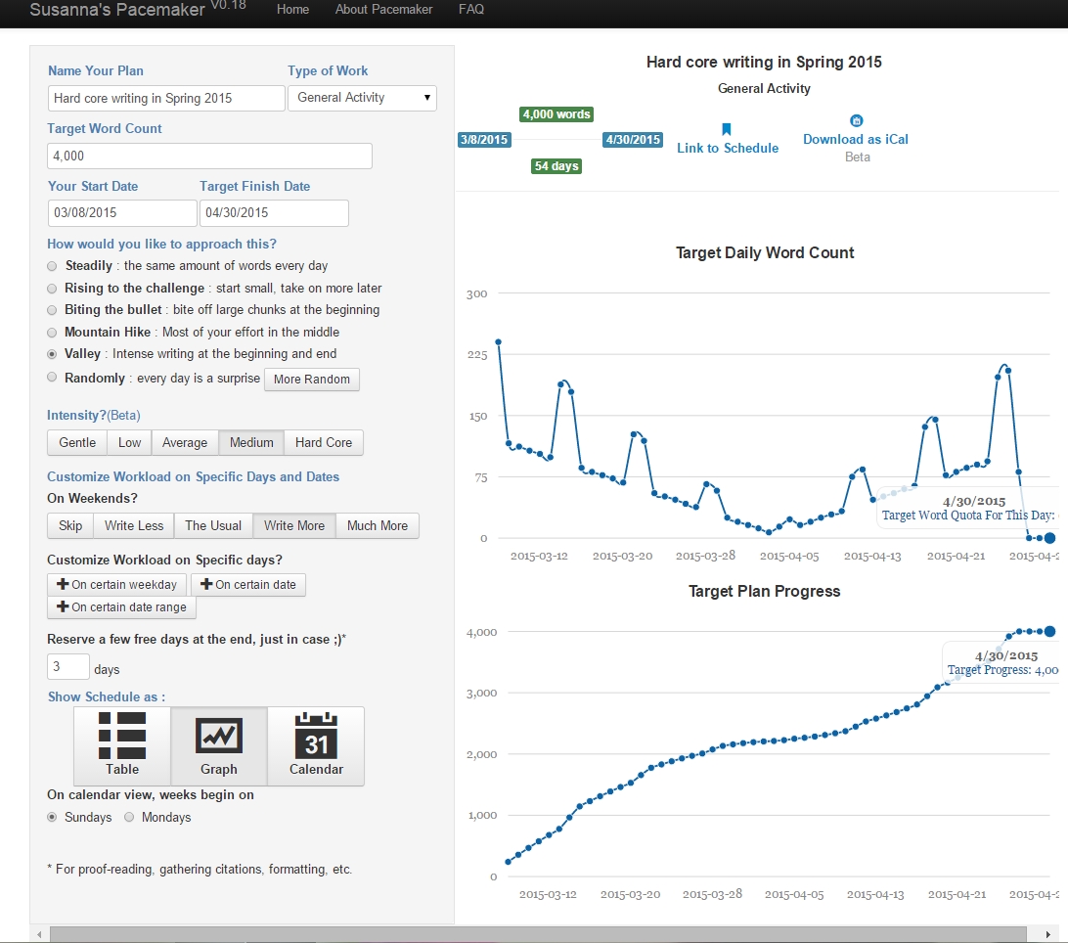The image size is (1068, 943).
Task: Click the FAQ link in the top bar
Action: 470,10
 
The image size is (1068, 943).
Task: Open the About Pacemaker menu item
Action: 383,10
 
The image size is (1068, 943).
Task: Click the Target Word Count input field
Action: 209,157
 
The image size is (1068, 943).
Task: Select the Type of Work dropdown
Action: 362,98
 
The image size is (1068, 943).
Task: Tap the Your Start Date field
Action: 122,212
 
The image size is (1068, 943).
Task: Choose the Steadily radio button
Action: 52,266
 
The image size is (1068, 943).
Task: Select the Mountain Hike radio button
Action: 52,333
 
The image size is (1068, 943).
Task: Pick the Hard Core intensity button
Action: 324,443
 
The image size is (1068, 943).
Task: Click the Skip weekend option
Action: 70,526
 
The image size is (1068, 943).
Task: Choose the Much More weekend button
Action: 378,526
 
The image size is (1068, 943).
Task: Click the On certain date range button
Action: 122,607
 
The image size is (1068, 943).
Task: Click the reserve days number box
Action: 68,666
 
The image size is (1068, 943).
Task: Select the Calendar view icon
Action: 316,746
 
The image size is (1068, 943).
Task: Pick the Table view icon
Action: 122,746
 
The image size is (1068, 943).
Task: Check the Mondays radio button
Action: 129,817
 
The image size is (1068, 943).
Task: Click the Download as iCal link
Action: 856,139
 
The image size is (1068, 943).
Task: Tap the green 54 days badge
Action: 556,166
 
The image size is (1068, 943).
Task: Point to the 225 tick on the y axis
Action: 477,355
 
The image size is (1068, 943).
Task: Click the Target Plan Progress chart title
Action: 764,592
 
